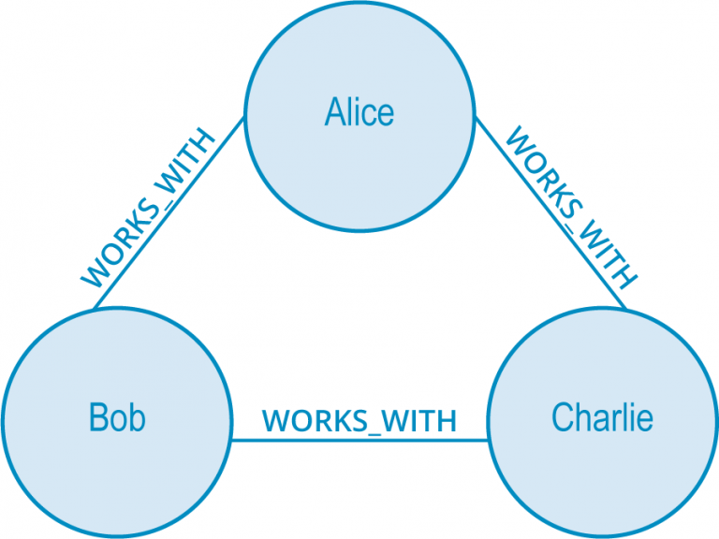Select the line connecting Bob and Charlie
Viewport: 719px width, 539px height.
click(359, 439)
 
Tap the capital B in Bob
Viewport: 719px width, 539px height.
click(98, 417)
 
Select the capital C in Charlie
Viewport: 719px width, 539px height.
click(562, 417)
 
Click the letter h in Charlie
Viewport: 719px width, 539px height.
click(581, 416)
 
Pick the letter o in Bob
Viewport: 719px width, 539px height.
click(118, 420)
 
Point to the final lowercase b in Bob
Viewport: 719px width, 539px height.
click(137, 417)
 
